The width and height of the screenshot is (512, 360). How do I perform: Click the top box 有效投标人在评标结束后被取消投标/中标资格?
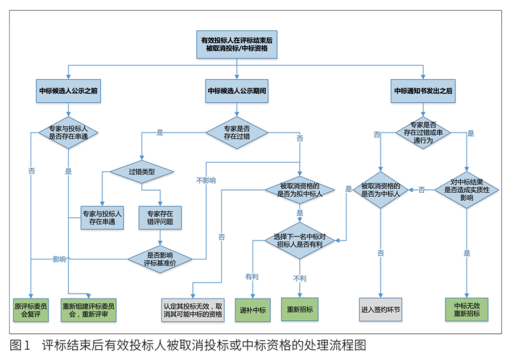point(237,44)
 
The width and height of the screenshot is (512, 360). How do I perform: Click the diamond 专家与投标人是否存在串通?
point(69,133)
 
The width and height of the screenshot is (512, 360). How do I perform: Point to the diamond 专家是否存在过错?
point(237,133)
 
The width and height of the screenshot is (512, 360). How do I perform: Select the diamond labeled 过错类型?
point(142,171)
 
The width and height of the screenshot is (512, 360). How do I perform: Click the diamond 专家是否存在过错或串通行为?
point(423,133)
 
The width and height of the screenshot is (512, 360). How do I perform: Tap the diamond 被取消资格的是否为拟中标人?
point(299,189)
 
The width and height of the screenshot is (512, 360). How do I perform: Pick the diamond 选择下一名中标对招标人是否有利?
point(299,240)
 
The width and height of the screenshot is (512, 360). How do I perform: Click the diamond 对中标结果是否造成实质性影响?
point(466,189)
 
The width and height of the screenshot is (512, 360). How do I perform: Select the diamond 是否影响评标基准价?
point(160,259)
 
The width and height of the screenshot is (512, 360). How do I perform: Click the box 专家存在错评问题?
point(160,217)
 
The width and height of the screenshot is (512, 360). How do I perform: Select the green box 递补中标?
point(252,310)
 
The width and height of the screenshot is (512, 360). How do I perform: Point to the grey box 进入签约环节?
point(381,309)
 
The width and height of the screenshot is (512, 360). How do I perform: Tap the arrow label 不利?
point(299,278)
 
